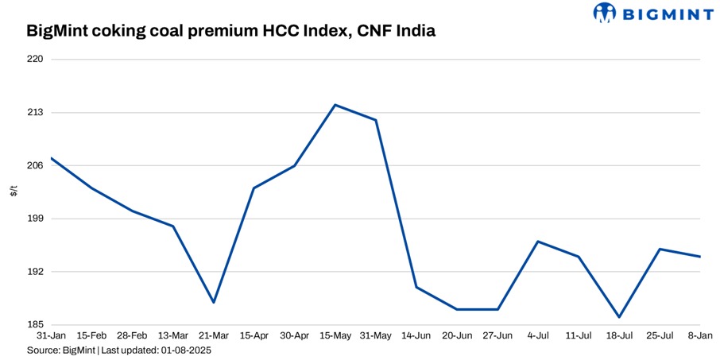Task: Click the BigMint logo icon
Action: pos(606,13)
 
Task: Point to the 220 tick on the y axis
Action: pos(34,60)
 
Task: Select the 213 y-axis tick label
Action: pos(34,113)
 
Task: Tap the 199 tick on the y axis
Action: pos(34,219)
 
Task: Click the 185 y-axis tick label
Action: pos(34,325)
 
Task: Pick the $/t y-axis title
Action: pos(14,192)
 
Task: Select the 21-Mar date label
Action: pos(214,336)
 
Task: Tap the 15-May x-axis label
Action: pos(335,336)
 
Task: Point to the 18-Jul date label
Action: pos(619,336)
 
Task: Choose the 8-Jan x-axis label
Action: pos(699,336)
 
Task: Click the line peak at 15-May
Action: pos(335,105)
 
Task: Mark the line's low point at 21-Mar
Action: pos(214,302)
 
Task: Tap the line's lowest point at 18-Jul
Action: pos(619,317)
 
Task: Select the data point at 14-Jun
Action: pos(416,287)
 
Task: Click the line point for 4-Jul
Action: pos(538,242)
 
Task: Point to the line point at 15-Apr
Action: pos(254,188)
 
